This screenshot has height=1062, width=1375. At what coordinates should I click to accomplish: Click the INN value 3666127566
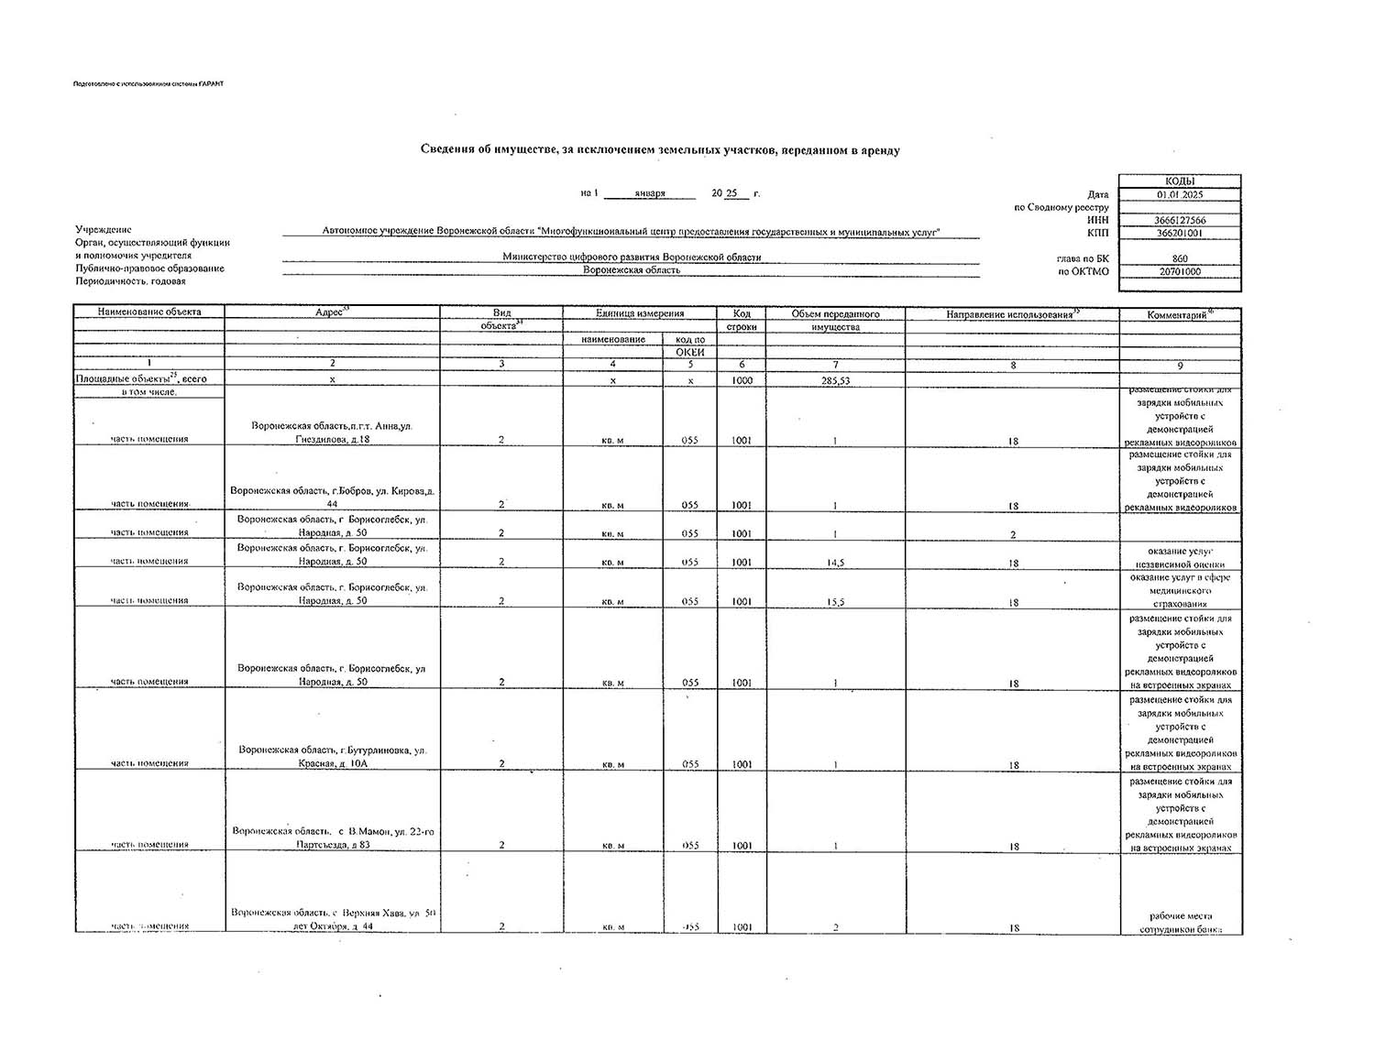click(x=1180, y=220)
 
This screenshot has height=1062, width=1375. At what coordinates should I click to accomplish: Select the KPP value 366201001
click(x=1180, y=233)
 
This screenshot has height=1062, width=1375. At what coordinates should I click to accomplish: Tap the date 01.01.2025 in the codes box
click(x=1180, y=194)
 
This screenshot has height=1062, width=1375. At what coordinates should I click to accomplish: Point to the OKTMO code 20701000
click(x=1180, y=271)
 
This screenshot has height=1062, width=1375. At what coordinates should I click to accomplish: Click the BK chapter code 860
click(x=1180, y=258)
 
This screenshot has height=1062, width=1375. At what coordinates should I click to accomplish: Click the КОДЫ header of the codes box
click(x=1180, y=181)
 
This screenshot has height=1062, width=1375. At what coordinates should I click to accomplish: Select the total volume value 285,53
click(x=835, y=380)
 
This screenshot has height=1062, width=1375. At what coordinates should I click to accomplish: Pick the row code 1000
click(x=742, y=379)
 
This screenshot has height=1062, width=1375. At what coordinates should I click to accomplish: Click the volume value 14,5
click(x=835, y=563)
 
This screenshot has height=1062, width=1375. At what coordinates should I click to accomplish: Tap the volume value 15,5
click(x=835, y=602)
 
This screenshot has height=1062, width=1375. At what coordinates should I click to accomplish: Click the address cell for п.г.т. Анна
click(x=332, y=432)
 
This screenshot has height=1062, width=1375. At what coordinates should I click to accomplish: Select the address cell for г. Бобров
click(x=332, y=497)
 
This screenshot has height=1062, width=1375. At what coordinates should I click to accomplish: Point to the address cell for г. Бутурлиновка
click(x=332, y=756)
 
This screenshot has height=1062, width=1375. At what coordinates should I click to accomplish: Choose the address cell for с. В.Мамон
click(x=332, y=838)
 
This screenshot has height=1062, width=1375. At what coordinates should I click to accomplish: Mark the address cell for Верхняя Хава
click(x=332, y=919)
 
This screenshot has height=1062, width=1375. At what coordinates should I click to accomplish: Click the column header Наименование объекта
click(x=149, y=312)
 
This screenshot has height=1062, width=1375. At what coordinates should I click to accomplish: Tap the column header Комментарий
click(x=1180, y=314)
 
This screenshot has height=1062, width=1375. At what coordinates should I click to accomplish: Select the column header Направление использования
click(x=1012, y=314)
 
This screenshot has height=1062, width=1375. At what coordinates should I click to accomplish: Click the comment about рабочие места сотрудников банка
click(x=1180, y=922)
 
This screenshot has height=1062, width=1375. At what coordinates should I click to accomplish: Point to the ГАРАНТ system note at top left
click(x=148, y=84)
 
